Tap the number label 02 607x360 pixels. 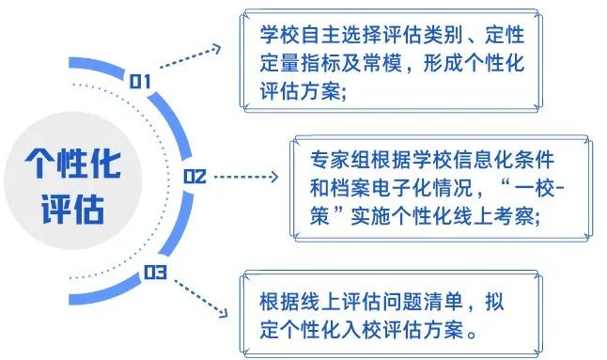point(195,176)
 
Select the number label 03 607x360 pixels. point(154,274)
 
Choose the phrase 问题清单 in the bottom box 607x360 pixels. point(411,304)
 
